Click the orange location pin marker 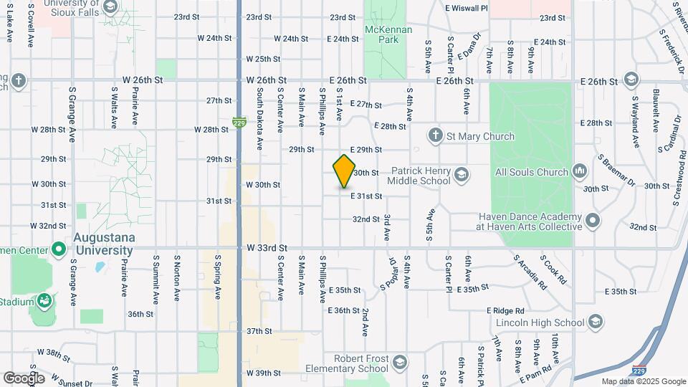click(344, 171)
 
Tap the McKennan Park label click(381, 34)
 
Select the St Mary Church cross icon click(435, 135)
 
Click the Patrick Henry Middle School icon click(462, 173)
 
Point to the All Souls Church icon click(579, 172)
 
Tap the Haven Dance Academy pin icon click(593, 221)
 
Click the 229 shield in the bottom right click(639, 371)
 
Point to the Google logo click(24, 378)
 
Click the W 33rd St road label click(267, 247)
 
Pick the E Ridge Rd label click(505, 310)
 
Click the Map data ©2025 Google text click(643, 381)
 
